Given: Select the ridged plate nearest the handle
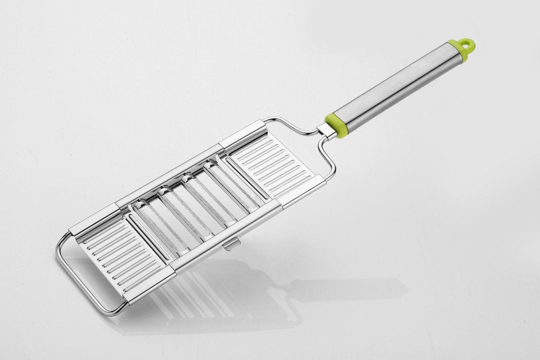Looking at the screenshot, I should [272, 165].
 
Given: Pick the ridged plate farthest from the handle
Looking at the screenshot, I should [122, 257].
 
